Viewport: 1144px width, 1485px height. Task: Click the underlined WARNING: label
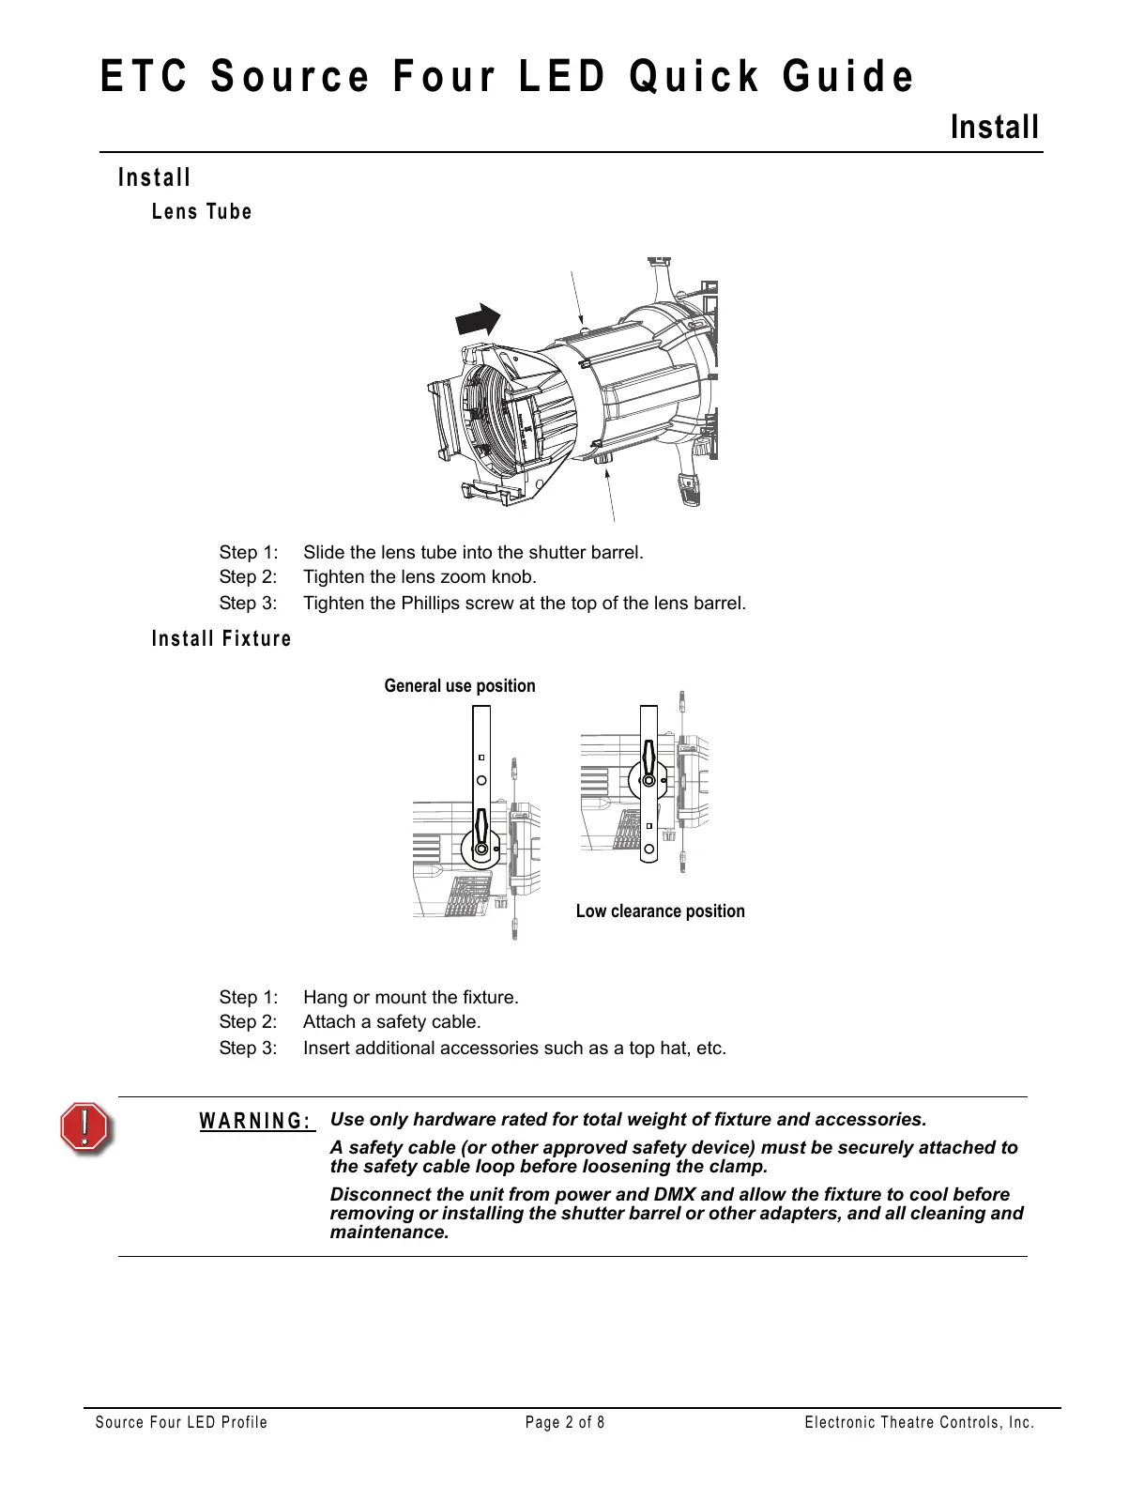pos(256,1122)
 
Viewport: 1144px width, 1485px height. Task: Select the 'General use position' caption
pos(460,686)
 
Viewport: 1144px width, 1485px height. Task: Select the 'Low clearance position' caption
pos(660,911)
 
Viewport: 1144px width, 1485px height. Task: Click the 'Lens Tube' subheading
pos(202,212)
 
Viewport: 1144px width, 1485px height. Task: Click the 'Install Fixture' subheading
pos(221,639)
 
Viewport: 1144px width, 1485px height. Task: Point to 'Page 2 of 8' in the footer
pos(565,1423)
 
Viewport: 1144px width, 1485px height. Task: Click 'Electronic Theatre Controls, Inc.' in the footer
pos(919,1423)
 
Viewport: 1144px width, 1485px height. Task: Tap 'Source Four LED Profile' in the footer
pos(181,1423)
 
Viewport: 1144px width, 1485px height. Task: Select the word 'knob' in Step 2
pos(515,577)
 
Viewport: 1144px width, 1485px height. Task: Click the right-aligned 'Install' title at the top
pos(995,127)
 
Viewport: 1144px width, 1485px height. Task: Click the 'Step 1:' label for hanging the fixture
pos(248,998)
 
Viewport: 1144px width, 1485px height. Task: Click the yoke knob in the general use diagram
pos(480,848)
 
